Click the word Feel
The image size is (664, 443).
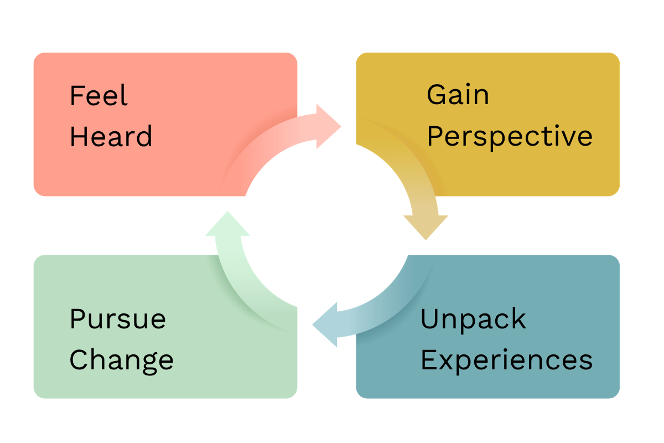tap(98, 95)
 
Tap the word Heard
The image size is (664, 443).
tap(111, 136)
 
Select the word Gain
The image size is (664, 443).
tap(458, 94)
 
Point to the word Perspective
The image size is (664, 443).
tap(510, 137)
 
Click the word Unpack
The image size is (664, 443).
tap(474, 320)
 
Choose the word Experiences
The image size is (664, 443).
tap(507, 361)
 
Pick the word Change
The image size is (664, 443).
tap(122, 361)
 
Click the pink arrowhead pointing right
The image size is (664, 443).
tap(329, 126)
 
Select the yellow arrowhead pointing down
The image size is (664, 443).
tap(426, 227)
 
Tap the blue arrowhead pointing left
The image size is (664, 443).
tap(325, 324)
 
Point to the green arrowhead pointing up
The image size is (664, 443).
tap(227, 223)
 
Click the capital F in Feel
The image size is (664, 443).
tap(77, 95)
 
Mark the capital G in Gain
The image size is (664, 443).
tap(437, 94)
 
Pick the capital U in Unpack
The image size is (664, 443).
tap(429, 319)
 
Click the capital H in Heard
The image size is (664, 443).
tap(79, 136)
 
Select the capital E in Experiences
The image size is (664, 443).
tap(429, 359)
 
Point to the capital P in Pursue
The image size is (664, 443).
tap(77, 318)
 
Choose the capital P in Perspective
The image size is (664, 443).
tap(435, 136)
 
